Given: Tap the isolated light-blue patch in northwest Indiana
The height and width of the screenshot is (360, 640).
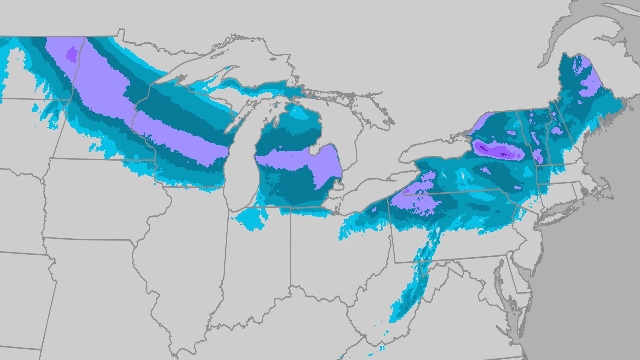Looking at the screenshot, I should [250, 220].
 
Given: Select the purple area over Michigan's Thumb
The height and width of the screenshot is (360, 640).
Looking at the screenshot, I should [328, 163].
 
